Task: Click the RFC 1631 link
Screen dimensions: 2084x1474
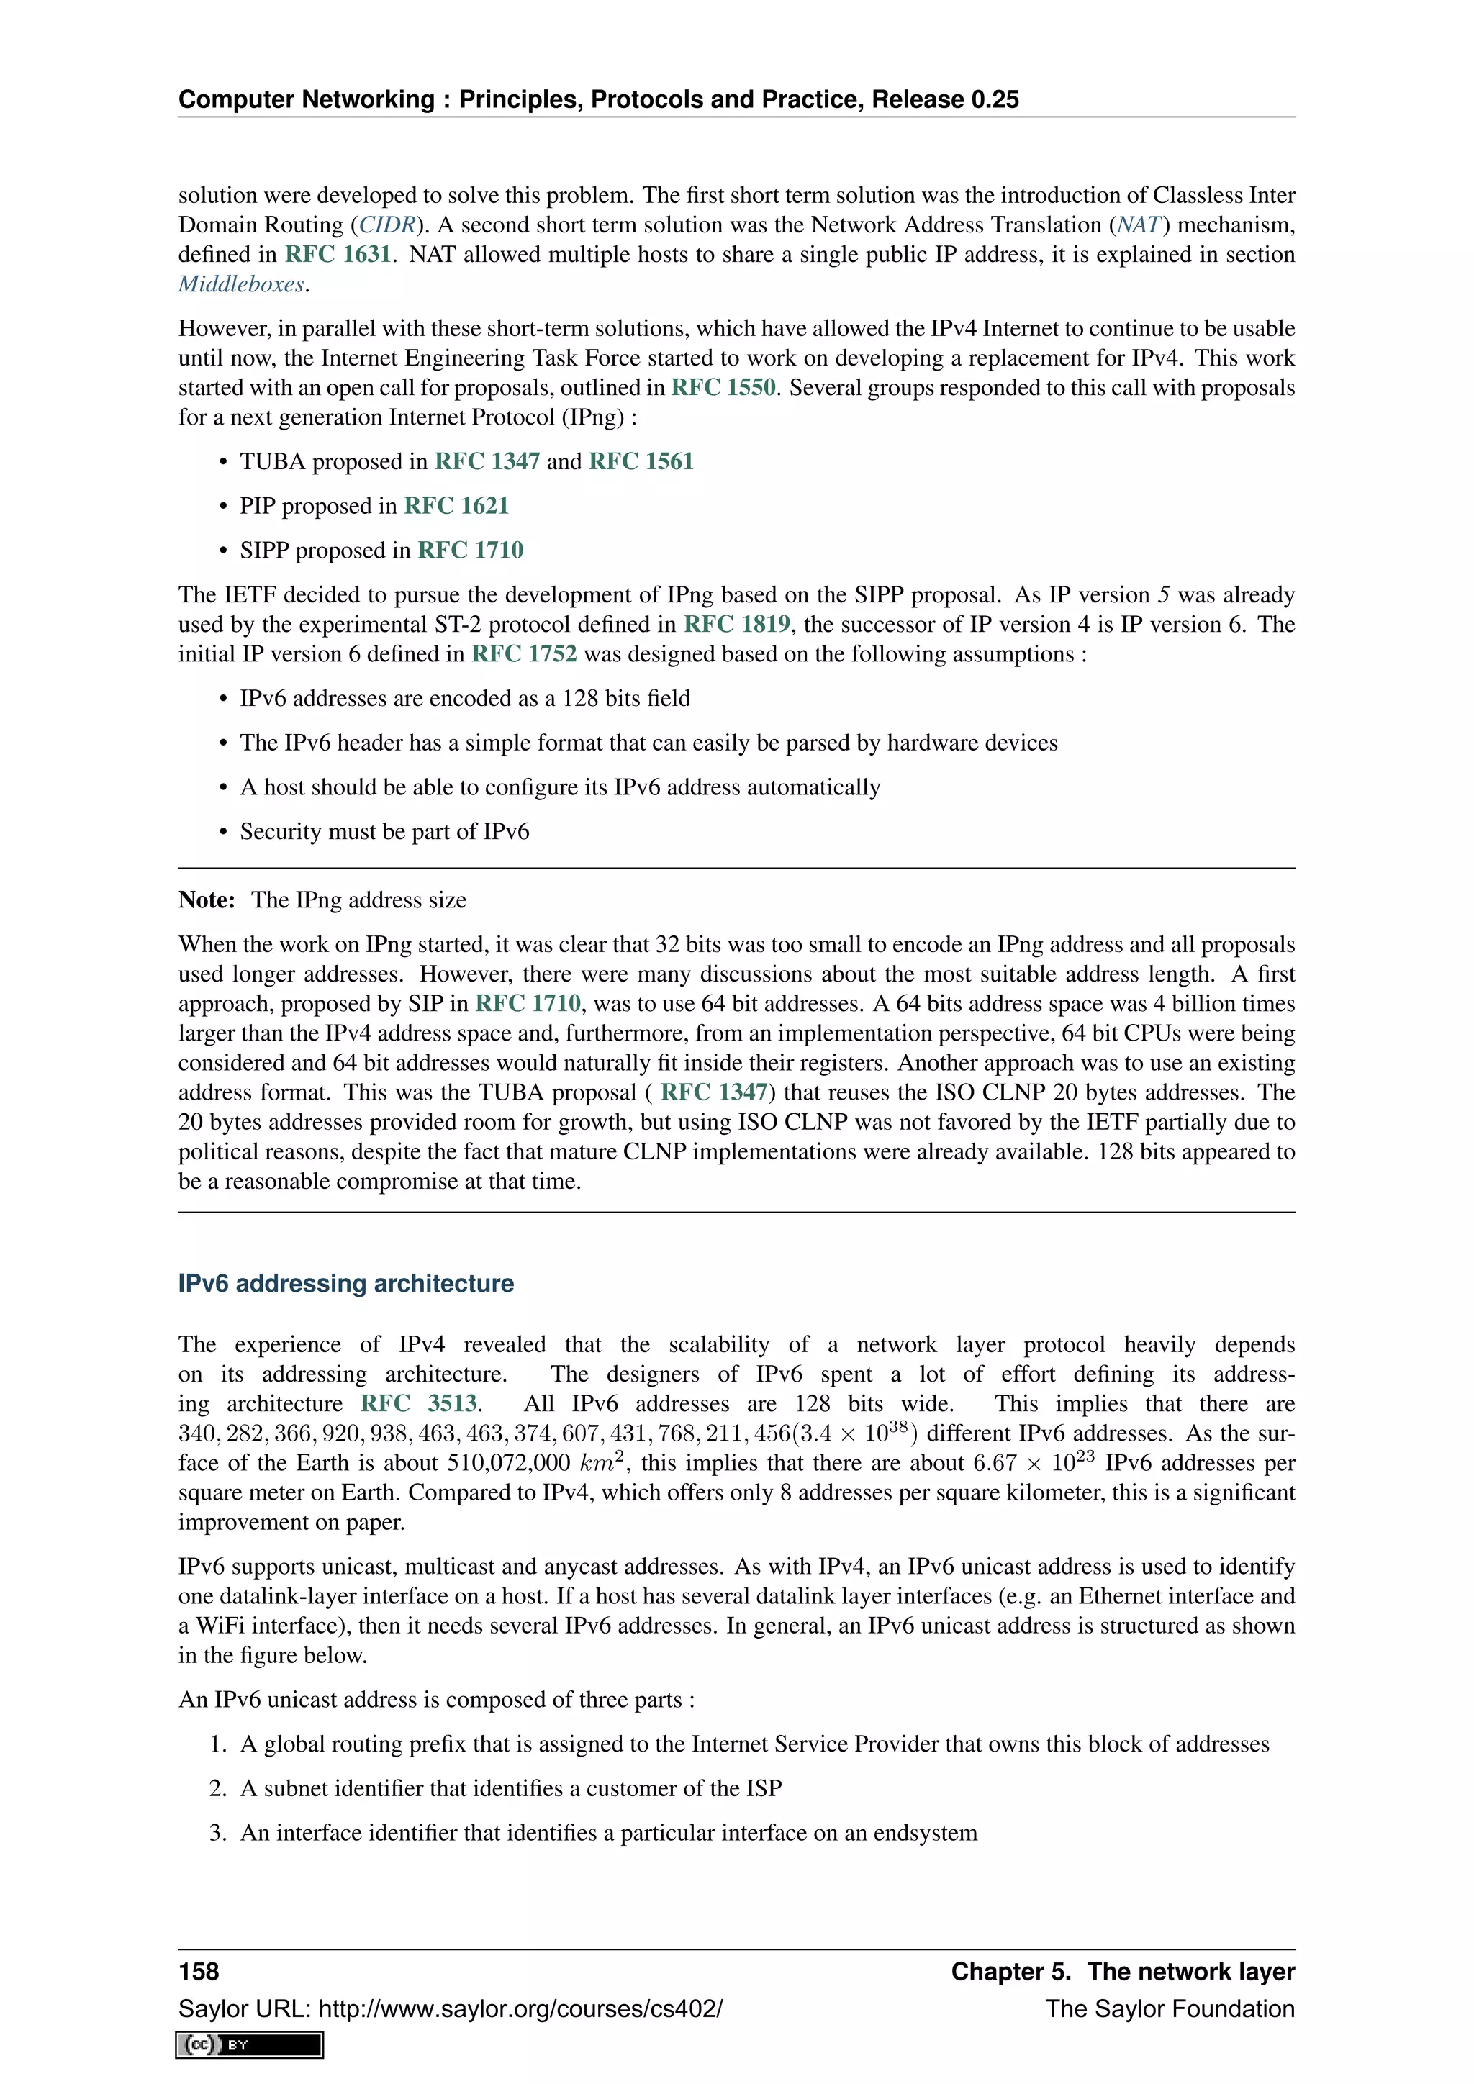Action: pos(338,255)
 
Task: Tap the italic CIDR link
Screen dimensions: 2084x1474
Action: pos(386,225)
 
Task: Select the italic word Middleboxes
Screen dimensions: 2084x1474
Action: pos(241,285)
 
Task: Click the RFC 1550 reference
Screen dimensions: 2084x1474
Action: pos(723,389)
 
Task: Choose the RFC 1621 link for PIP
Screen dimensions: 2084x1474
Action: pos(456,507)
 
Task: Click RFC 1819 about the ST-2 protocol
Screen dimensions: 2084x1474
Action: pos(736,625)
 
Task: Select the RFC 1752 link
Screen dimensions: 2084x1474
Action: pos(524,654)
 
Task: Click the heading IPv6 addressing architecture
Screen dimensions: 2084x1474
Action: pos(345,1284)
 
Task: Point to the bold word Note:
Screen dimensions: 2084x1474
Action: pos(207,900)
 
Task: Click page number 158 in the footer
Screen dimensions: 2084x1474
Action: pos(199,1972)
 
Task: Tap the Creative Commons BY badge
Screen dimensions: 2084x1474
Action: pos(250,2045)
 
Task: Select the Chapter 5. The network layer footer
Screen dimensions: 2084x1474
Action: pos(1122,1972)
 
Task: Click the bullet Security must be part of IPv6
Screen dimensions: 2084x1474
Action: pos(384,833)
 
